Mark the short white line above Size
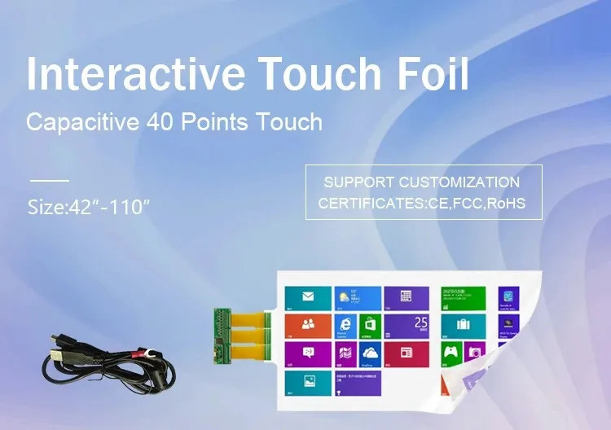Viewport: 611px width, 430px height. [x=49, y=180]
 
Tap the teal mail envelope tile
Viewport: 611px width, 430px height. [x=308, y=297]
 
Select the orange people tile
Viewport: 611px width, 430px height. [x=308, y=325]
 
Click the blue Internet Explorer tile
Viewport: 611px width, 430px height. [x=345, y=325]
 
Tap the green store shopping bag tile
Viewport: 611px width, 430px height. [x=371, y=325]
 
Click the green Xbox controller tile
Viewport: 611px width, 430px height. [x=451, y=353]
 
